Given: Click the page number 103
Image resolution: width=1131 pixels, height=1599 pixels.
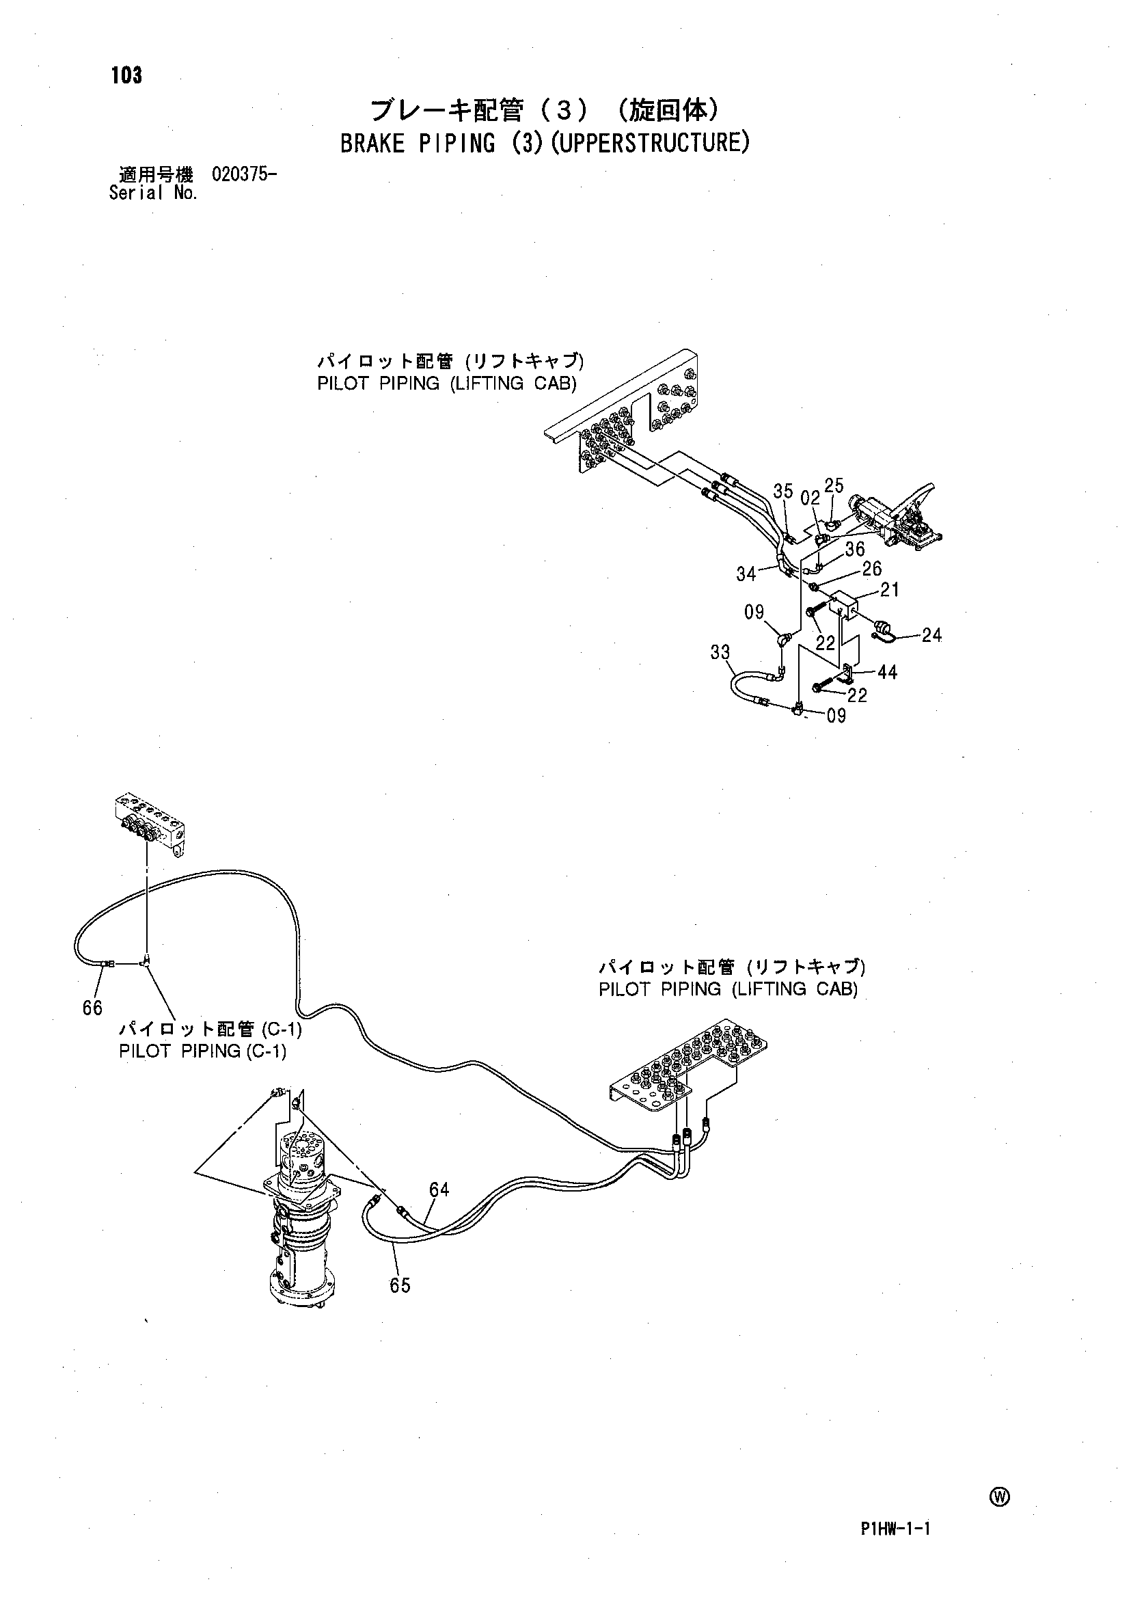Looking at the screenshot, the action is click(x=126, y=76).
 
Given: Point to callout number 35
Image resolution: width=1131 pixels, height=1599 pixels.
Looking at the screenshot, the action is click(x=783, y=492).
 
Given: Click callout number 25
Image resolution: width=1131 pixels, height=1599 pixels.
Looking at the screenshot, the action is click(x=834, y=485).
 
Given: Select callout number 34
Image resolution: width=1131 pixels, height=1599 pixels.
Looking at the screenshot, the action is click(x=746, y=574).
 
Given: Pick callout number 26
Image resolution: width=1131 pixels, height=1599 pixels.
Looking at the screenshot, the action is click(x=872, y=569).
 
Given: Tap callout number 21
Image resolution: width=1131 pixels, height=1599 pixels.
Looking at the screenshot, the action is click(x=889, y=590).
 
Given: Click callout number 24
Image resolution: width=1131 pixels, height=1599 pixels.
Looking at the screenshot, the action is click(x=931, y=634).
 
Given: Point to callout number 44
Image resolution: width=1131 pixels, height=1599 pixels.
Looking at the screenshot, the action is click(x=887, y=673).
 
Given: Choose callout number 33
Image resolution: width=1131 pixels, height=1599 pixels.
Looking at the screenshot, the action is click(x=720, y=652).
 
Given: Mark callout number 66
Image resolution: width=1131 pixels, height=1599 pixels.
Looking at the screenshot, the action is click(x=92, y=1008).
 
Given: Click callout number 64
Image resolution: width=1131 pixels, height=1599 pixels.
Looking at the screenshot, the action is click(x=439, y=1190).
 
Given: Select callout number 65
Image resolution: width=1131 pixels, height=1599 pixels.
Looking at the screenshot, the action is click(x=400, y=1285).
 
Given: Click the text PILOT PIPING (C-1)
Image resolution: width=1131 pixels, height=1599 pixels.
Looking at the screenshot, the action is click(x=203, y=1051).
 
